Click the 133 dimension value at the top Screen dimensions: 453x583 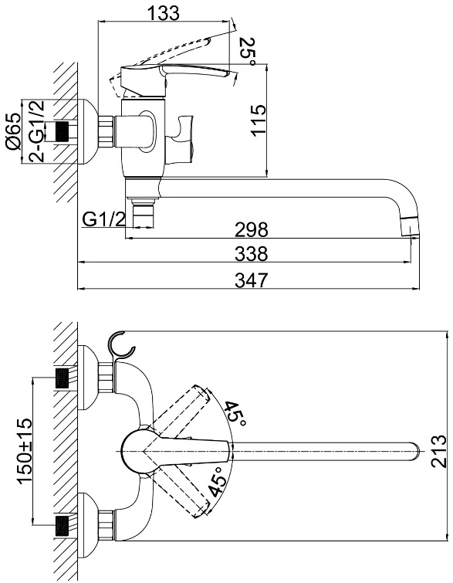(x=164, y=13)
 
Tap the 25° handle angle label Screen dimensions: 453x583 (x=248, y=52)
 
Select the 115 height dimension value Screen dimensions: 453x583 (x=259, y=120)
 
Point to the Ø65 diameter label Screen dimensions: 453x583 (x=13, y=132)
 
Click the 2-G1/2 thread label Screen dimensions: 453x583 (x=37, y=131)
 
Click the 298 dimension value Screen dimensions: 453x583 (x=252, y=229)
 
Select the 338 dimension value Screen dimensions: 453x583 (x=252, y=254)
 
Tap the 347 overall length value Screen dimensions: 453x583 (x=252, y=280)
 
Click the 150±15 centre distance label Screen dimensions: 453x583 (x=25, y=451)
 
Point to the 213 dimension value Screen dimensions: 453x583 (x=438, y=451)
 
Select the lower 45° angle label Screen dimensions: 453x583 (x=218, y=482)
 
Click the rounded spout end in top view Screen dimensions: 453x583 (x=415, y=451)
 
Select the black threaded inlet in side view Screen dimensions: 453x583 (x=62, y=131)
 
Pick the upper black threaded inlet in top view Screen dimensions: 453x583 (x=62, y=378)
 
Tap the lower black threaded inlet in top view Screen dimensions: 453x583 (x=62, y=525)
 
